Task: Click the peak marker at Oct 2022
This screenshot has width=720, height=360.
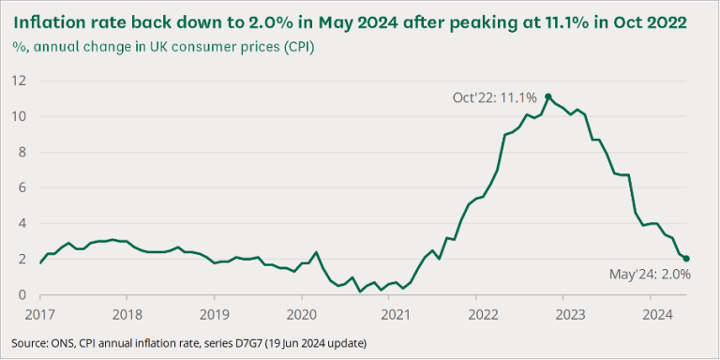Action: [548, 97]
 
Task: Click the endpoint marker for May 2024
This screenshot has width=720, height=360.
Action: [686, 259]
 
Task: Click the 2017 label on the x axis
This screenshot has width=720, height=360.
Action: [40, 314]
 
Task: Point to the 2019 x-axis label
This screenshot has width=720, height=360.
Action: [214, 314]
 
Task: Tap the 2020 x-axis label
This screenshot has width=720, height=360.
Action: [301, 314]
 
